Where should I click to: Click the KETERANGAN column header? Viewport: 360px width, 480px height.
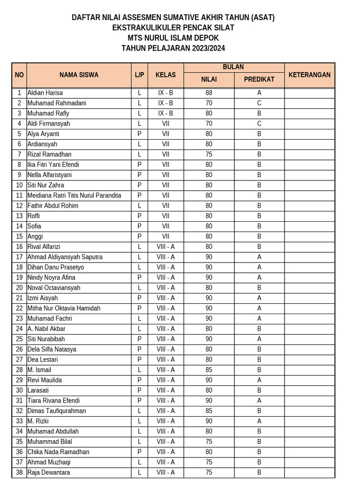pos(309,75)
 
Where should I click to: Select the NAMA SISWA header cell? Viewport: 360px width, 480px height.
pos(79,75)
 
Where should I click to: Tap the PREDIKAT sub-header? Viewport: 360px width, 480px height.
pos(259,80)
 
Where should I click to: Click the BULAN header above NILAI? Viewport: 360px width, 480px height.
pos(233,67)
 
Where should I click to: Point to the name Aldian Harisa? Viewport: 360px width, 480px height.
pos(45,93)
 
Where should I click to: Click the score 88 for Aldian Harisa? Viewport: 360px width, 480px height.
pos(209,93)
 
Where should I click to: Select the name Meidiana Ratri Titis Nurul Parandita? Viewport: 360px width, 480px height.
pos(75,195)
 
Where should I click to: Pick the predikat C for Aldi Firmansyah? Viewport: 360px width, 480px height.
pos(259,124)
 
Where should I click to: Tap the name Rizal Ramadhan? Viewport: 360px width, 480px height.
pos(50,154)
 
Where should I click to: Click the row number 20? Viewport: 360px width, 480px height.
pos(19,288)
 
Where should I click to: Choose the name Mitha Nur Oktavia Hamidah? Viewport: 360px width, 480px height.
pos(64,308)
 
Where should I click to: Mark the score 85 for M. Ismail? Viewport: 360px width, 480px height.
pos(209,370)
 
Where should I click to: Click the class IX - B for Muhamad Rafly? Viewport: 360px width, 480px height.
pos(165,113)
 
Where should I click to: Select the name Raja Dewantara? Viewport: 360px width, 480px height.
pos(49,472)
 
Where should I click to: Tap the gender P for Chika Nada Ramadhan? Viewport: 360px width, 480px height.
pos(139,452)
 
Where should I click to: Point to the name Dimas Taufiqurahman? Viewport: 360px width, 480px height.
pos(57,411)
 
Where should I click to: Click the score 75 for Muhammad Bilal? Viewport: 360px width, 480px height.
pos(209,442)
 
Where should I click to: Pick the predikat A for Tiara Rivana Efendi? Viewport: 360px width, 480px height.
pos(259,401)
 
